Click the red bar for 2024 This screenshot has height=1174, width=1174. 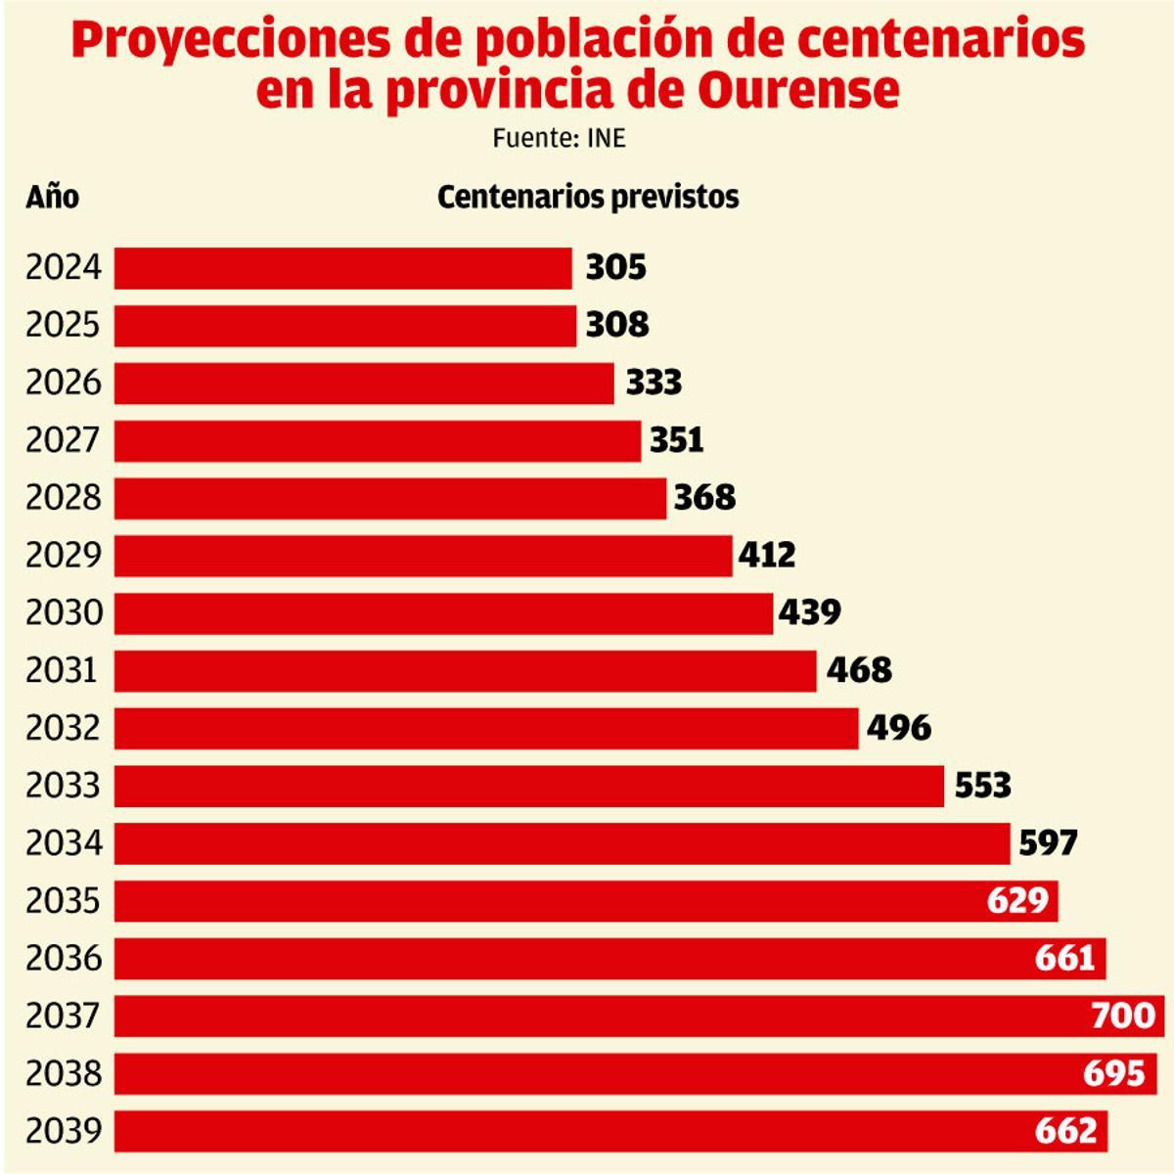(x=342, y=268)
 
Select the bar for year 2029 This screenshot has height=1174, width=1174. (x=423, y=556)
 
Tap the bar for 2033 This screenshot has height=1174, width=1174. (x=528, y=786)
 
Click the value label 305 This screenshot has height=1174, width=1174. (x=616, y=268)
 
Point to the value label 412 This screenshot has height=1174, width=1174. (x=767, y=556)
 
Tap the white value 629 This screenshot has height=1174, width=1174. (x=1017, y=900)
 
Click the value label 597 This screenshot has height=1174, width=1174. (x=1048, y=842)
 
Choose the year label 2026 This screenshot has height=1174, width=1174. (x=64, y=383)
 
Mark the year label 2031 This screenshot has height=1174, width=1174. (x=62, y=670)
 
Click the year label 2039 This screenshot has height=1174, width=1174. (x=64, y=1131)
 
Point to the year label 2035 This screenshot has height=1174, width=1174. (x=64, y=900)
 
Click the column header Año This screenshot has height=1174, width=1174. (x=52, y=197)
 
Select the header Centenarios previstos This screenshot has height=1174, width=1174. (x=588, y=197)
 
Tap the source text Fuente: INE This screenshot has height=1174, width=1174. (x=559, y=139)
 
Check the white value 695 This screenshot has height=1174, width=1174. (x=1114, y=1073)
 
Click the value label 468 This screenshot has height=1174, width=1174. (x=859, y=670)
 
